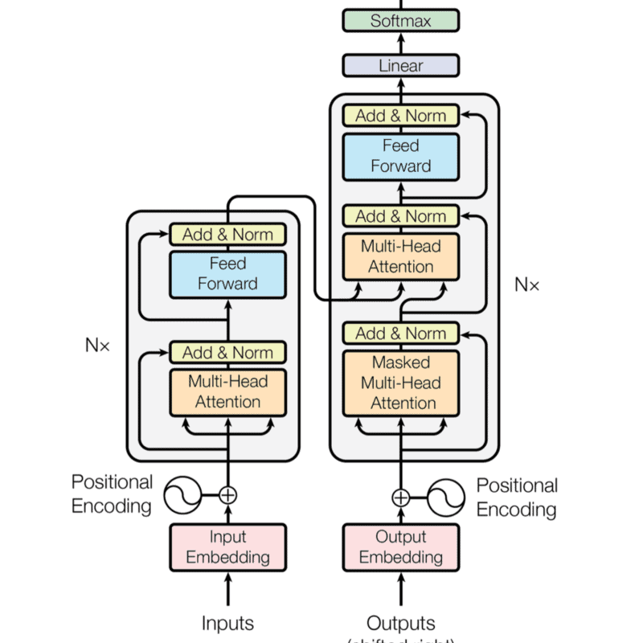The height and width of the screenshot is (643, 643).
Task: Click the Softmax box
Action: point(400,21)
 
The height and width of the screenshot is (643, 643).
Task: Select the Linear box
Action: point(400,65)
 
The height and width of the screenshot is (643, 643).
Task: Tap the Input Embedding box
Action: point(227,547)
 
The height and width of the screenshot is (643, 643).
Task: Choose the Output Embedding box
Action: point(400,547)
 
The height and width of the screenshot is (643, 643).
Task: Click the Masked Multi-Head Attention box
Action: point(400,383)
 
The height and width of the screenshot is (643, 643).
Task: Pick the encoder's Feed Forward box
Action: point(227,273)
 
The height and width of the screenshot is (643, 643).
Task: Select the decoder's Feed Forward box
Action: point(400,156)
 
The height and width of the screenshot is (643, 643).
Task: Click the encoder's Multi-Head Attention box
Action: point(227,391)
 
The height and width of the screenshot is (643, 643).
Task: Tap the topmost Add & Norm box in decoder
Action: point(400,115)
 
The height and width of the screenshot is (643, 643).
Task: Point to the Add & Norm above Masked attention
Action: point(400,333)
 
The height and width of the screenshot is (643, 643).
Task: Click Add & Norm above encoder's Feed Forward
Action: point(227,235)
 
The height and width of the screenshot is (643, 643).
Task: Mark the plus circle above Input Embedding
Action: point(228,494)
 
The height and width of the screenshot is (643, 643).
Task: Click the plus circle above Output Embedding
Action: point(400,498)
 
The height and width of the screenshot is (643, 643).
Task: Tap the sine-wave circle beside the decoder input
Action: point(446,498)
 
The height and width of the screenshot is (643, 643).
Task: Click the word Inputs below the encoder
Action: point(227,623)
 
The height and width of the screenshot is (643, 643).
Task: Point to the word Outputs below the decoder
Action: point(400,623)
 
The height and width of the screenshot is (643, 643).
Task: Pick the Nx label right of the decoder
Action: point(527,284)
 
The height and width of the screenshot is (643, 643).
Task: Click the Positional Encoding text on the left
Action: point(112,494)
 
